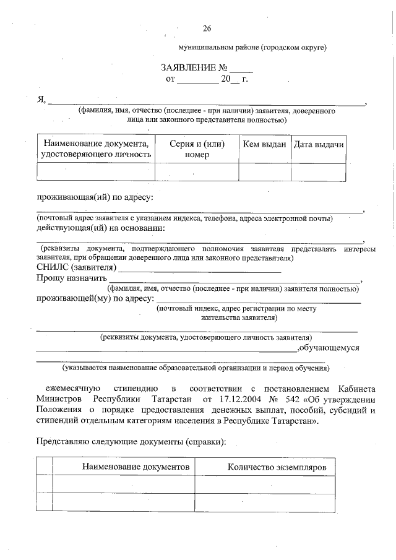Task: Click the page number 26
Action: click(207, 28)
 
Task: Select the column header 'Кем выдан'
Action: click(264, 144)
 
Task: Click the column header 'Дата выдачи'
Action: click(318, 144)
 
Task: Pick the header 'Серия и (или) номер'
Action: click(197, 149)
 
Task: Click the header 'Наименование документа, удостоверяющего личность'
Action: click(96, 149)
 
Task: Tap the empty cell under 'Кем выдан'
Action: click(264, 172)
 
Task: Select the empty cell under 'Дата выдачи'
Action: click(318, 172)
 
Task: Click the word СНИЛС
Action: click(53, 267)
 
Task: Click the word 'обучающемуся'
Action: click(329, 348)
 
